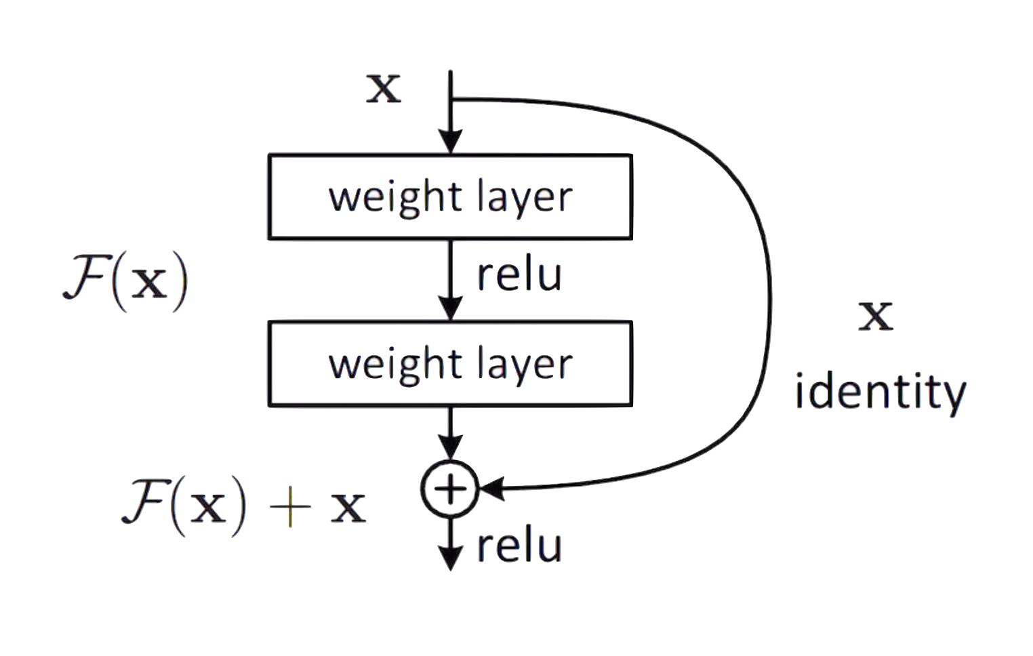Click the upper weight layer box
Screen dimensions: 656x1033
[x=450, y=197]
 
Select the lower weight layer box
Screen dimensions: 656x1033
[x=450, y=364]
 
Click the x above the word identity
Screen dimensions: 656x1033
[x=875, y=316]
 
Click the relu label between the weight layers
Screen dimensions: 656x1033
[x=519, y=274]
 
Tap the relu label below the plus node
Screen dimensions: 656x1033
[x=520, y=547]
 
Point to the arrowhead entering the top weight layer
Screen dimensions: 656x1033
[x=449, y=142]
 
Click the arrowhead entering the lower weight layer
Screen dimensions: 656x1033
[x=449, y=308]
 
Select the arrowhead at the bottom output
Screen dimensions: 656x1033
[x=449, y=558]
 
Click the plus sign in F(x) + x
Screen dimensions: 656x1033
[x=289, y=508]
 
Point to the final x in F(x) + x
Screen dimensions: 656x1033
[x=348, y=509]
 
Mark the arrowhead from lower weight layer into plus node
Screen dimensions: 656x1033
[x=449, y=448]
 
